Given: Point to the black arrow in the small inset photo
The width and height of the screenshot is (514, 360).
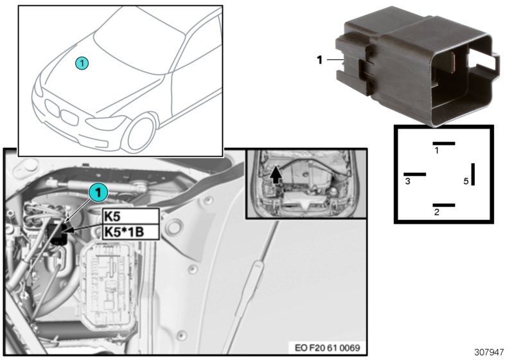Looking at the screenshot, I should coord(276,174).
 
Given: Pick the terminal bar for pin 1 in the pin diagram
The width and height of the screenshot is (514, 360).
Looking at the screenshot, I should coord(443,143).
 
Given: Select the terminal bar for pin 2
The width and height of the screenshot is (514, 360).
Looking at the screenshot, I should coord(443,205).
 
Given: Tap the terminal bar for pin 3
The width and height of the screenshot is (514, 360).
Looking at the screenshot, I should coord(414,174).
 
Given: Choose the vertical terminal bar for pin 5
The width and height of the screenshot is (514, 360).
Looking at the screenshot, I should coord(473,174).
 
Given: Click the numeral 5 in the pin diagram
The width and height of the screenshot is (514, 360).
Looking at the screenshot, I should coord(466,181).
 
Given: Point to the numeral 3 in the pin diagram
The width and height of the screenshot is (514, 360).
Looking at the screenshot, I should coord(408,182).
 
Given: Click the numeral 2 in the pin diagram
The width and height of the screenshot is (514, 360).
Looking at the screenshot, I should coord(436,213).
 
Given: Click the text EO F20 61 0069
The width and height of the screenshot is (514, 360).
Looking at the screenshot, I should coord(328,348).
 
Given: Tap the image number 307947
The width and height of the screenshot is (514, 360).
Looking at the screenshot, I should coord(491,353).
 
